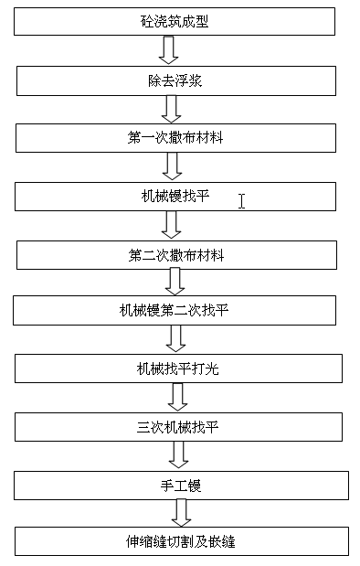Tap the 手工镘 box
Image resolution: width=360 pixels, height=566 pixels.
coord(180,485)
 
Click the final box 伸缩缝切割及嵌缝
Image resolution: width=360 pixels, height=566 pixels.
coord(180,541)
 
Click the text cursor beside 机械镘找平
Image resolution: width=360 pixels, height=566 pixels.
coord(241,200)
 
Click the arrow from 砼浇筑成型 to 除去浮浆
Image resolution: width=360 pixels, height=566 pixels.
coord(170,49)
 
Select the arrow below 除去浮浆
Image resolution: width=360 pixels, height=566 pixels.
coord(170,108)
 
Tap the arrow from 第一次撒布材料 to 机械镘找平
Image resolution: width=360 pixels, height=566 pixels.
coord(170,166)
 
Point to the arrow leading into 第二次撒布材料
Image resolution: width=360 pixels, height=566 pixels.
coord(171,225)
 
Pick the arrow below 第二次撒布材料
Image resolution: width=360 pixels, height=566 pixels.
coord(175,283)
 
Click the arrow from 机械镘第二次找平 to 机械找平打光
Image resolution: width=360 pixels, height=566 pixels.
coord(175,339)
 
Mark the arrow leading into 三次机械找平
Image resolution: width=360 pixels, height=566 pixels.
coord(178,397)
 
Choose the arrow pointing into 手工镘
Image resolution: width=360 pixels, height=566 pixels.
coord(179,454)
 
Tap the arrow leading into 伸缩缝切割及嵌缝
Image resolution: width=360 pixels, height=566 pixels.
coord(182,513)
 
